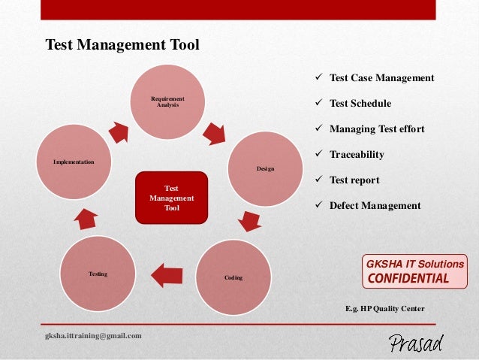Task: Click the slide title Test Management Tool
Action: pyautogui.click(x=122, y=45)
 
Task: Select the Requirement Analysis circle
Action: pyautogui.click(x=167, y=101)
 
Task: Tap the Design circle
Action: pyautogui.click(x=265, y=168)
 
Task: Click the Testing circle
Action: pyautogui.click(x=98, y=274)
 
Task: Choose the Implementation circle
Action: pyautogui.click(x=74, y=161)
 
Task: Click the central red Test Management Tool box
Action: pyautogui.click(x=171, y=198)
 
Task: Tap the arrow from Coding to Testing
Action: pyautogui.click(x=167, y=274)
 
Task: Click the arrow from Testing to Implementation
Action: pyautogui.click(x=85, y=217)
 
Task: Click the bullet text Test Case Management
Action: pyautogui.click(x=381, y=77)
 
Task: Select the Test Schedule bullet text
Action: pyautogui.click(x=360, y=103)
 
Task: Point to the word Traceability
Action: pyautogui.click(x=357, y=154)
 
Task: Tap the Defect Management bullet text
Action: pyautogui.click(x=375, y=205)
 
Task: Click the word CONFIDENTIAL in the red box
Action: pyautogui.click(x=407, y=279)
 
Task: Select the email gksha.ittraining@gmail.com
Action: pyautogui.click(x=94, y=335)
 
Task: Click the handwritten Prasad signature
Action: pyautogui.click(x=416, y=343)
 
